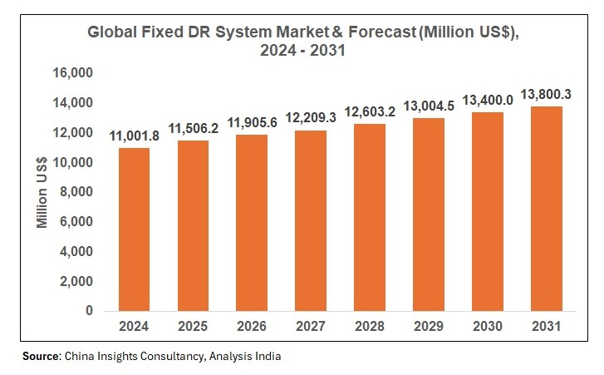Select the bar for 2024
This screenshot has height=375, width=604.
point(135,229)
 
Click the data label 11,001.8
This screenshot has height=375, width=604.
point(135,135)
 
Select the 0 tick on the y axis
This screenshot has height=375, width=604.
point(90,311)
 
